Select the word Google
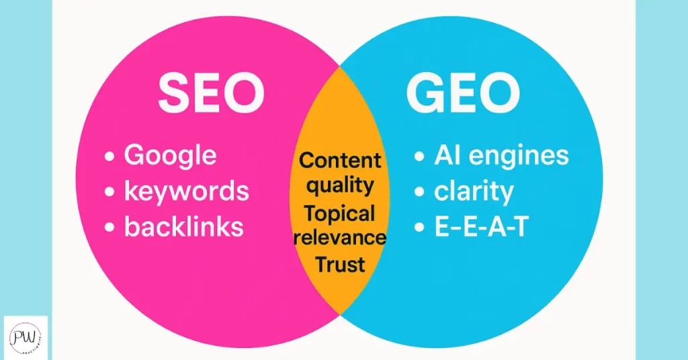(x=170, y=155)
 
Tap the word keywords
(x=186, y=191)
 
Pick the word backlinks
(x=183, y=227)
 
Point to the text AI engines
(x=501, y=155)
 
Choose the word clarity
(x=474, y=191)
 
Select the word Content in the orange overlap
(x=340, y=161)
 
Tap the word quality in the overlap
(x=340, y=184)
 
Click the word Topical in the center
(x=339, y=214)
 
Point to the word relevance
(x=339, y=237)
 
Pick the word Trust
(x=341, y=263)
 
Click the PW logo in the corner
(x=26, y=337)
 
